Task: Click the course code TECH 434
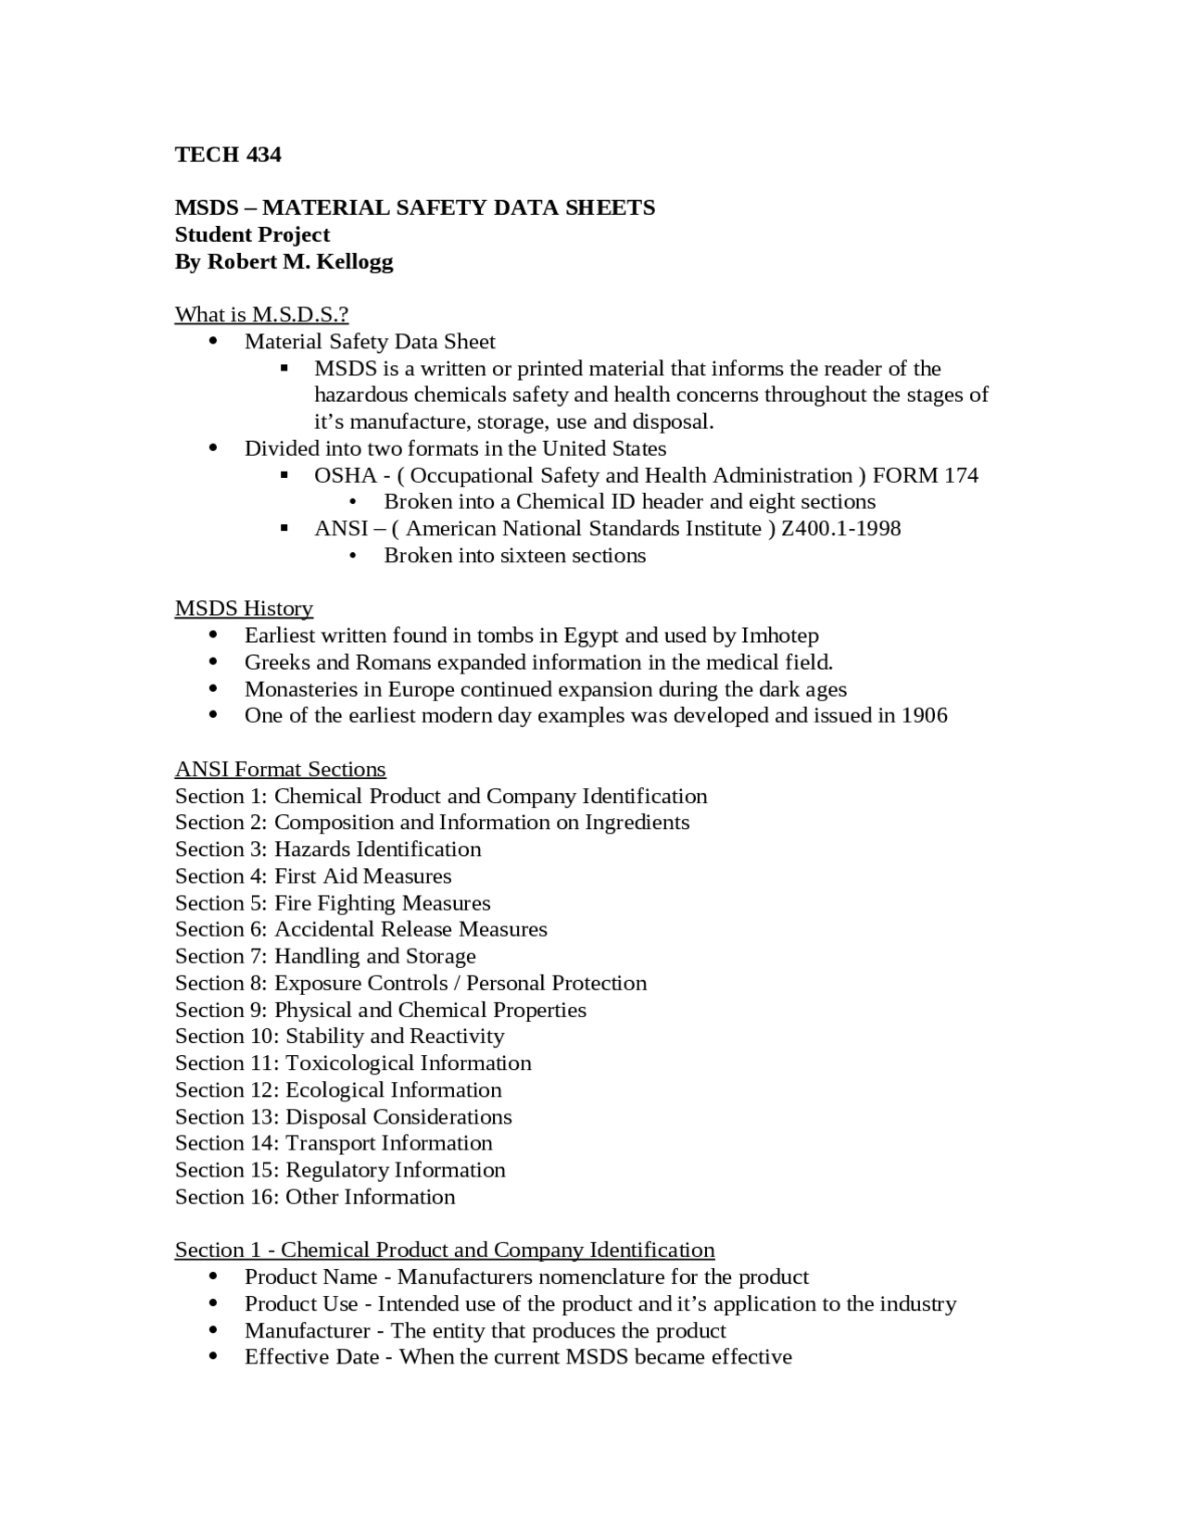[x=228, y=155]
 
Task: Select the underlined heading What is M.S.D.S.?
[x=261, y=315]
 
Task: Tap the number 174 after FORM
[x=961, y=476]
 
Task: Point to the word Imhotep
[x=779, y=636]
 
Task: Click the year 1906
[x=924, y=716]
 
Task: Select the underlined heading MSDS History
[x=244, y=610]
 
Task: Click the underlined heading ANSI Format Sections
[x=280, y=770]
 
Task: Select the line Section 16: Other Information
[x=315, y=1198]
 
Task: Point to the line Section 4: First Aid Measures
[x=313, y=877]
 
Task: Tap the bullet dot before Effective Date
[x=214, y=1357]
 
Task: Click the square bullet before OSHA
[x=284, y=476]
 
